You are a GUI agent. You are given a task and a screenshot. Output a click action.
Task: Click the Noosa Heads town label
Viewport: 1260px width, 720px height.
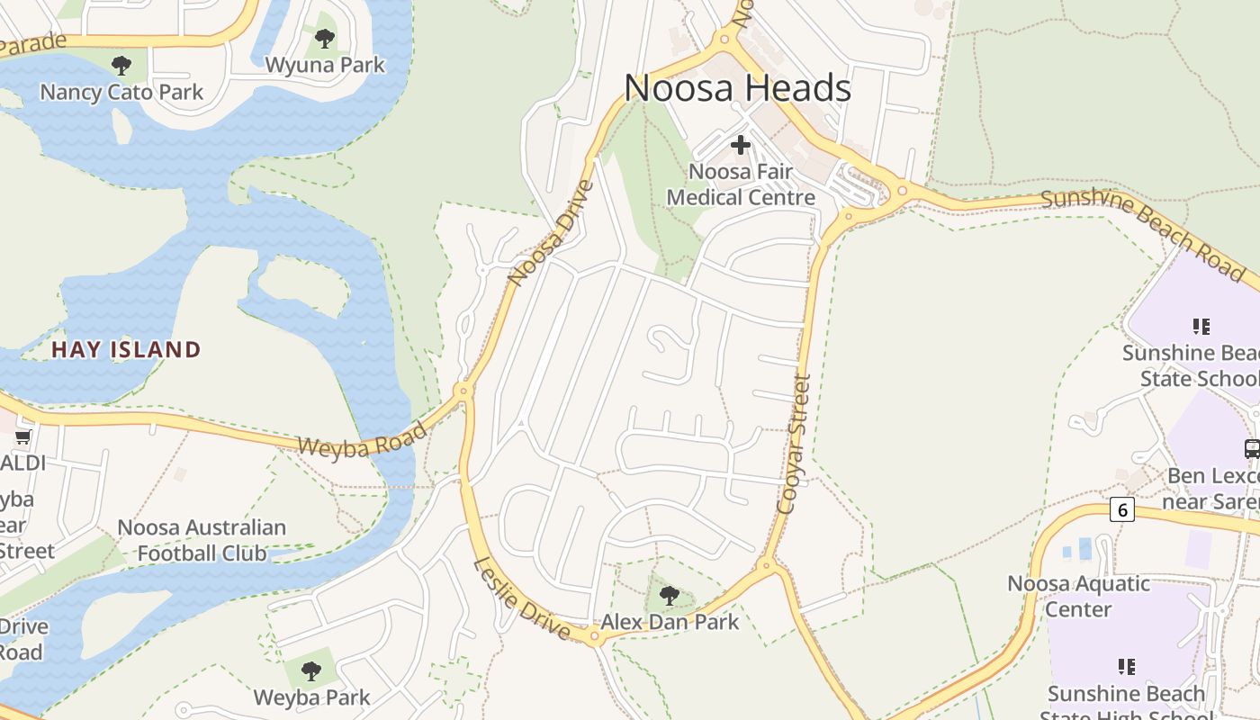737,88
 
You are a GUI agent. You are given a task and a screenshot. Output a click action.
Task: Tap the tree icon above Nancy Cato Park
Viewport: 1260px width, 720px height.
121,65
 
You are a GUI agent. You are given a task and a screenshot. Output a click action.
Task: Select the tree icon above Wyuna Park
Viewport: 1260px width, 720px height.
325,39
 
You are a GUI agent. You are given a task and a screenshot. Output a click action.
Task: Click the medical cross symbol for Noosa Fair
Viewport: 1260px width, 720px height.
740,144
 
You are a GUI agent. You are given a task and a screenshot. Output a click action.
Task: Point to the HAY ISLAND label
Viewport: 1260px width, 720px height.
126,349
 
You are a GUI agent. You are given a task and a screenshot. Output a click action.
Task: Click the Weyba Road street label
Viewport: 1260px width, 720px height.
362,439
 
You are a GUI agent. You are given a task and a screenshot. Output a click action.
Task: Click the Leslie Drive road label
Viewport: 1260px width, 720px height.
522,598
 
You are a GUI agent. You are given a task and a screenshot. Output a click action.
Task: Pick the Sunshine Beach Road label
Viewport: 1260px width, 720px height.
1143,234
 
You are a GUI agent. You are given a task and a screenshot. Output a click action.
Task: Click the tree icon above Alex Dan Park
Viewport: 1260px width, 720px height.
669,595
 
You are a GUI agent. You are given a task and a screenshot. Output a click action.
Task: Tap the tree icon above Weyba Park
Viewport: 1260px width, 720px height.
310,670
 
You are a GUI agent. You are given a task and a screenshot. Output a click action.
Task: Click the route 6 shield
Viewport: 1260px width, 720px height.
1121,509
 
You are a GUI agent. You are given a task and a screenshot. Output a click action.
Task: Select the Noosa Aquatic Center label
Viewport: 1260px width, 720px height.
1078,596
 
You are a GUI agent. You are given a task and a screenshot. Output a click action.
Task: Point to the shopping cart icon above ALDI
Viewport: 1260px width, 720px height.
23,436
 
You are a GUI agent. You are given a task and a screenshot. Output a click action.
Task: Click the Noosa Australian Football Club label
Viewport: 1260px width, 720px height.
202,540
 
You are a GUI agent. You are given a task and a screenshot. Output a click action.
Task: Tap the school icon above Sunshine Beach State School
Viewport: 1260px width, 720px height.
1201,326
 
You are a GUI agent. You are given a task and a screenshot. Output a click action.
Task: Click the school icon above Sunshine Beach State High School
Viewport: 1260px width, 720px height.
1126,667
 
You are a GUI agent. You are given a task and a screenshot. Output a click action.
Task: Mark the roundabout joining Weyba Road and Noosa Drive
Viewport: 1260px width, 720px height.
463,391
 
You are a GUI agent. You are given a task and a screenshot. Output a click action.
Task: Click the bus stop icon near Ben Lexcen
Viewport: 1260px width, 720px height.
1251,448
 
